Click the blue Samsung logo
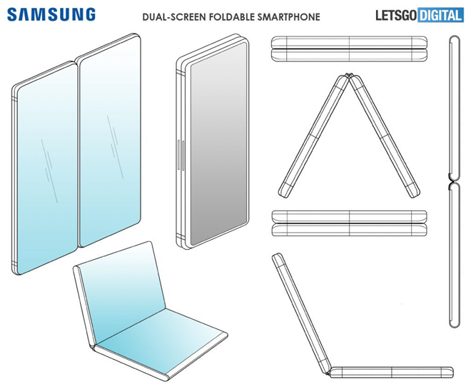tap(51, 14)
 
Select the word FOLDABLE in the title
tap(232, 17)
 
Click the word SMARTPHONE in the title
tap(288, 17)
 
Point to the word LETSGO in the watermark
tap(396, 16)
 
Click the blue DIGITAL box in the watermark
tap(440, 16)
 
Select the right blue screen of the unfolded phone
tap(110, 141)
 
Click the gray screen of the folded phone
tap(218, 143)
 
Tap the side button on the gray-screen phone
tap(179, 155)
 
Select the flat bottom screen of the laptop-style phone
tap(161, 342)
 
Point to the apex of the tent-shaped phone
tap(348, 75)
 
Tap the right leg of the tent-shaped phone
tap(385, 136)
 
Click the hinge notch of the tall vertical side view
tap(452, 181)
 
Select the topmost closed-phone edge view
tap(349, 49)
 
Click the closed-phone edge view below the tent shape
tap(349, 223)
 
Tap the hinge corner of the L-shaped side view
tap(329, 371)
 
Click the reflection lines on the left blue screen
tap(49, 171)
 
